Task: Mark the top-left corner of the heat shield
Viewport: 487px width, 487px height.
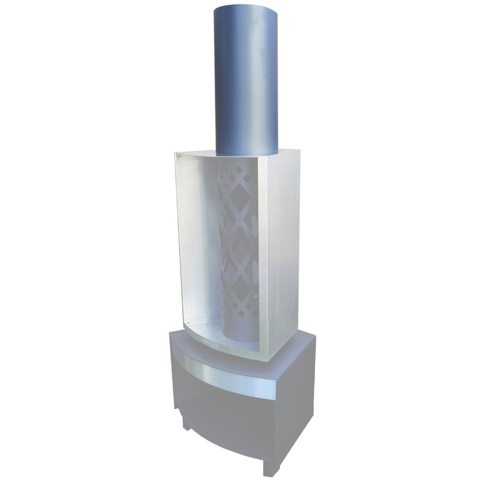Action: pos(175,153)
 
